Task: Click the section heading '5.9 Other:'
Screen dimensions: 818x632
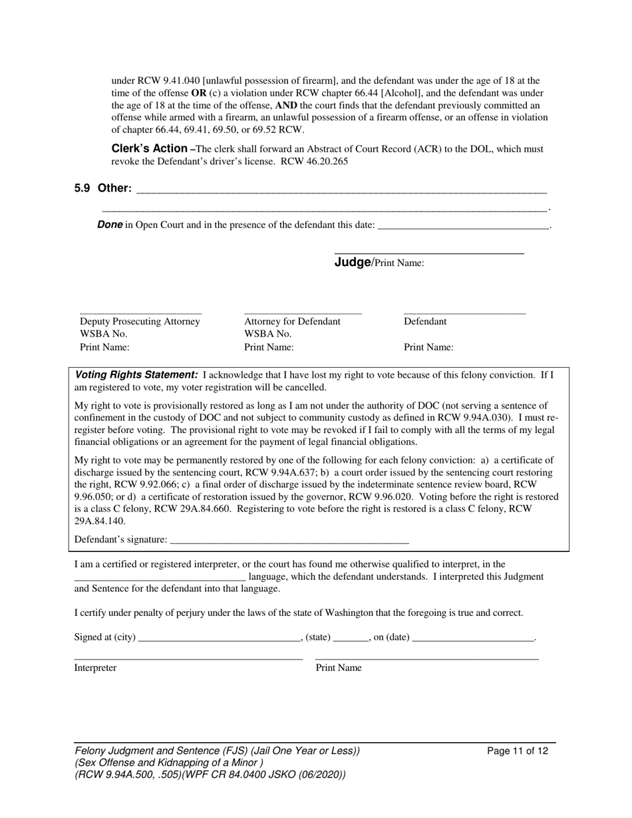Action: point(103,188)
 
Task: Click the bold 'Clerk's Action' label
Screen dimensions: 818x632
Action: point(149,148)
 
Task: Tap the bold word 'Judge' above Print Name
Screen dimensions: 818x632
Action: point(352,262)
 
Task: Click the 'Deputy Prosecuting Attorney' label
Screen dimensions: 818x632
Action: point(140,321)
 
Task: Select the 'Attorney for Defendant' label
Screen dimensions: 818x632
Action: point(292,321)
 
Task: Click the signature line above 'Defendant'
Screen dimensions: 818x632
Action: point(464,313)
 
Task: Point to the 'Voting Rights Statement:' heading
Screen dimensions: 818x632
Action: point(136,374)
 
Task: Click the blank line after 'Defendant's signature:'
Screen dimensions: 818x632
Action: point(289,543)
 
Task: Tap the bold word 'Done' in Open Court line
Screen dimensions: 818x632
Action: point(110,225)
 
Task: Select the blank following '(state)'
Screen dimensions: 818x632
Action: point(351,640)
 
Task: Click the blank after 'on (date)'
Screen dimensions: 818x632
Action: point(473,640)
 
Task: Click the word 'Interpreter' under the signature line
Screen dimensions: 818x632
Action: point(95,668)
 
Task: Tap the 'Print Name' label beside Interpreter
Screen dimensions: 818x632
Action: point(339,668)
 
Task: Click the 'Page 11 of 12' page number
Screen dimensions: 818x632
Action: point(518,751)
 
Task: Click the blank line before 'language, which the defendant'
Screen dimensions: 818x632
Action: point(160,580)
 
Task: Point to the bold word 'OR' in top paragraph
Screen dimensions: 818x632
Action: point(199,93)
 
